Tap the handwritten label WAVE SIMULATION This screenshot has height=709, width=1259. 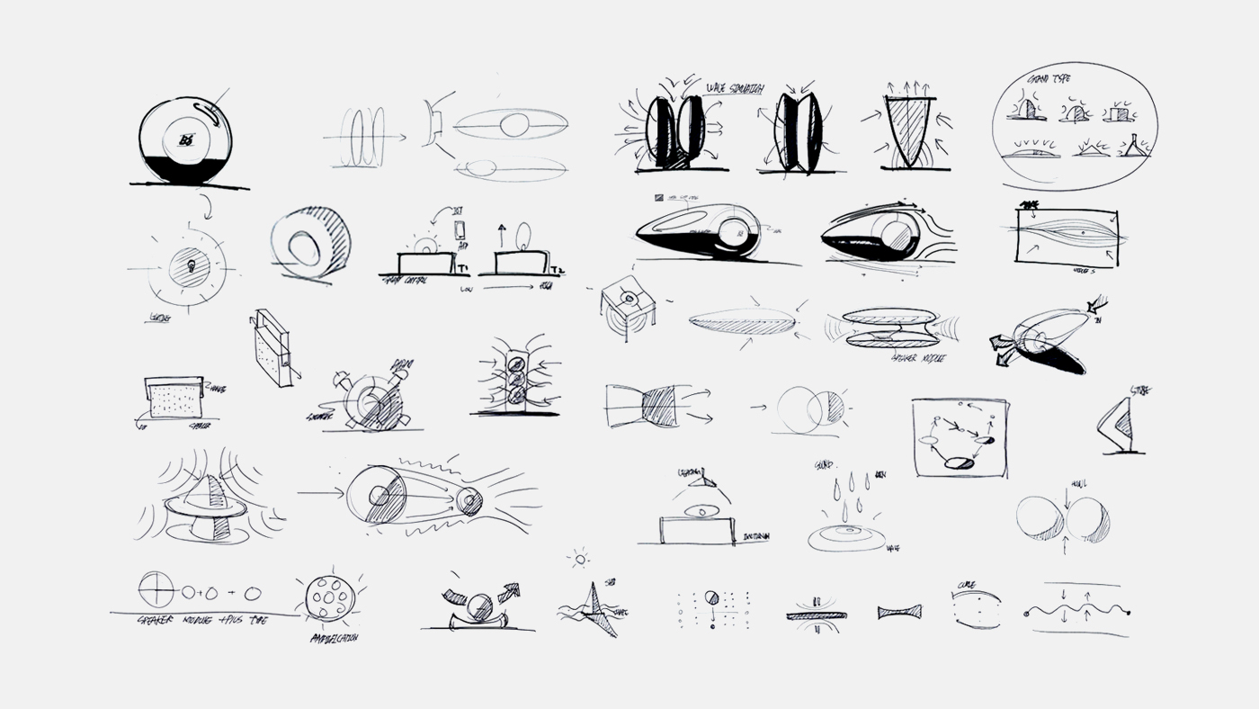pyautogui.click(x=736, y=86)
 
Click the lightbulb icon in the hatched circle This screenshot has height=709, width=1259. pyautogui.click(x=192, y=266)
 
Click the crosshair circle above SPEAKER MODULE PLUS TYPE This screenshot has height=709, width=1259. pyautogui.click(x=155, y=589)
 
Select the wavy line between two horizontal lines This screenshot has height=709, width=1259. pyautogui.click(x=1077, y=611)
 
